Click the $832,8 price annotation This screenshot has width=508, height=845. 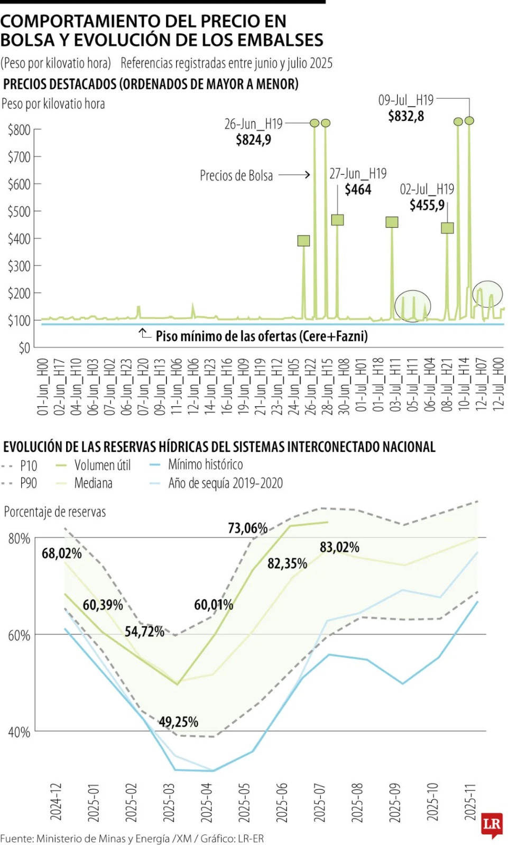[x=405, y=116]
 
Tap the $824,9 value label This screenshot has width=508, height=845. [x=253, y=140]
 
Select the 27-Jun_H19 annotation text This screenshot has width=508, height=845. [x=358, y=174]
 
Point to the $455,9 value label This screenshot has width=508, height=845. [x=427, y=205]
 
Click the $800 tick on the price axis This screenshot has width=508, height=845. [x=19, y=130]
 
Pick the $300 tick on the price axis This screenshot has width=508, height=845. [x=19, y=266]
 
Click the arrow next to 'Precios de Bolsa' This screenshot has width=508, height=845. [x=294, y=174]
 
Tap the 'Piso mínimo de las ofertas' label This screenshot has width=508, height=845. [x=261, y=336]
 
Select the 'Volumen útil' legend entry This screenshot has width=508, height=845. [x=102, y=465]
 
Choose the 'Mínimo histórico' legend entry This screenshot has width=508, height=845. [x=205, y=465]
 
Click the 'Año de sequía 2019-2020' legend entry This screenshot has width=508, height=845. [x=225, y=483]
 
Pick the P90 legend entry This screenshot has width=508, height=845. [x=28, y=483]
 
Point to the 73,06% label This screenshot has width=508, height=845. [x=247, y=528]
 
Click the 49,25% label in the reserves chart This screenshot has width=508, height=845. [x=178, y=722]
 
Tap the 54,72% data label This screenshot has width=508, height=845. [x=144, y=632]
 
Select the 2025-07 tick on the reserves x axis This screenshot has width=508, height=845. [x=319, y=802]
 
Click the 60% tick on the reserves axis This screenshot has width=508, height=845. [x=19, y=635]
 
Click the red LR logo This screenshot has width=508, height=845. [x=492, y=824]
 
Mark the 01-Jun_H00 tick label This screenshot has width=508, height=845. [x=42, y=387]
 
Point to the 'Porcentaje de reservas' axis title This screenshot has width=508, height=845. [x=55, y=512]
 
